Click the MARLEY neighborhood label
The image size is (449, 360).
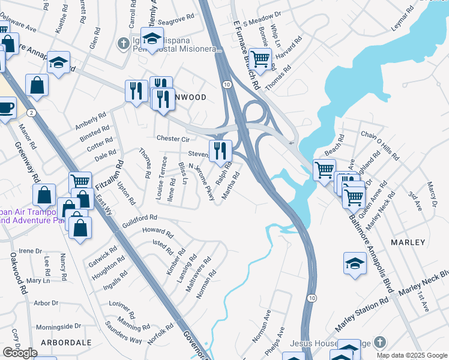pyautogui.click(x=408, y=242)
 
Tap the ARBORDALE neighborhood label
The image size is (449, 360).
pyautogui.click(x=66, y=343)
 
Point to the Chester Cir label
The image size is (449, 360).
pyautogui.click(x=172, y=139)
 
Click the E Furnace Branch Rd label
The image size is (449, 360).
pyautogui.click(x=246, y=53)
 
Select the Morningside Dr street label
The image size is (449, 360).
pyautogui.click(x=58, y=326)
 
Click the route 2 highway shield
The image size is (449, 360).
pyautogui.click(x=31, y=112)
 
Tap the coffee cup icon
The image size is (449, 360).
pyautogui.click(x=5, y=109)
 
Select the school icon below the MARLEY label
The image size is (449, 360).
pyautogui.click(x=355, y=263)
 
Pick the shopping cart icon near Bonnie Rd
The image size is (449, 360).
pyautogui.click(x=259, y=59)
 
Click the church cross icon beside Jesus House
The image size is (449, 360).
pyautogui.click(x=379, y=343)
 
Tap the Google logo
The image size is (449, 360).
pyautogui.click(x=20, y=353)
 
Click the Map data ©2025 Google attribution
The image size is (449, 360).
pyautogui.click(x=412, y=355)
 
